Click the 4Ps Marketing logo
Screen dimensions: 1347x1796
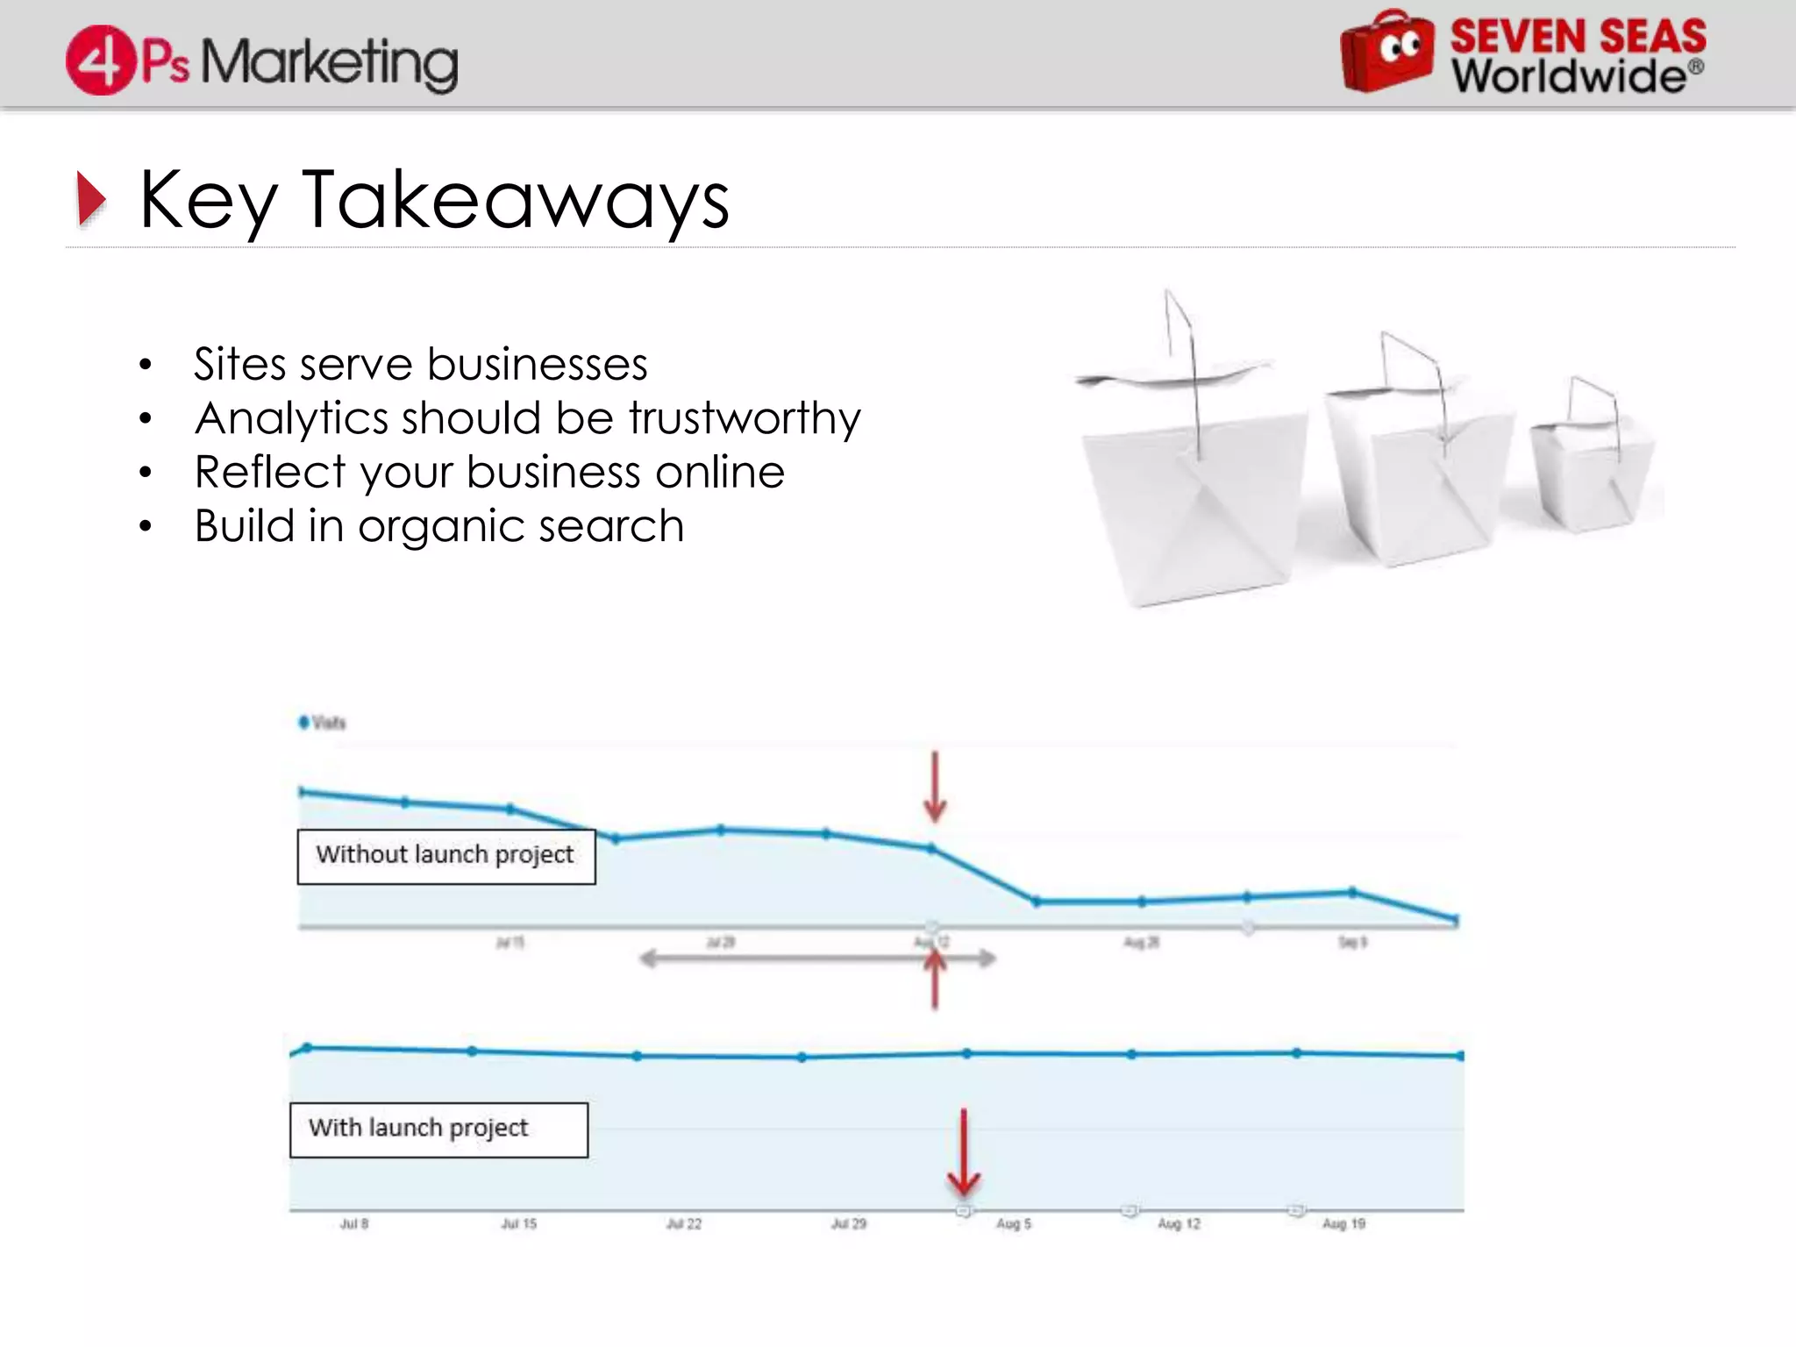tap(261, 60)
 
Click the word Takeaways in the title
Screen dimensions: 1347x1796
tap(515, 201)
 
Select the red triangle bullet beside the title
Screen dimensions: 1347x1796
tap(90, 199)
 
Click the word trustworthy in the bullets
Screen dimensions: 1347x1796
tap(745, 417)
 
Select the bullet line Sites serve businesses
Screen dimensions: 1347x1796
tap(420, 364)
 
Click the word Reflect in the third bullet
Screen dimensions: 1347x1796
tap(270, 472)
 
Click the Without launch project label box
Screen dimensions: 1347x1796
tap(445, 856)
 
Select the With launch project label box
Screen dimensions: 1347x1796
tap(438, 1130)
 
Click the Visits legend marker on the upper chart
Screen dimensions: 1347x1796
tap(304, 722)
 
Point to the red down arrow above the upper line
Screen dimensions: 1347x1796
tap(935, 787)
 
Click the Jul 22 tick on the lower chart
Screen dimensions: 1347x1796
tap(684, 1223)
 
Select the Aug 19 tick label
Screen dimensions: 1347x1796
tap(1343, 1223)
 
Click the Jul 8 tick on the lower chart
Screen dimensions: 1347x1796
tap(354, 1223)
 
